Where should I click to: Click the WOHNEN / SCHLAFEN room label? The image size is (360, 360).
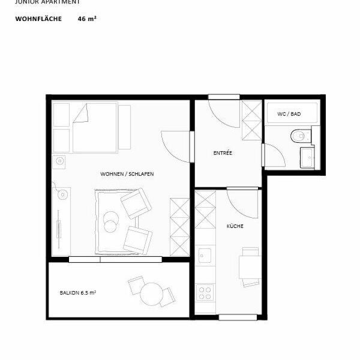[x=127, y=173]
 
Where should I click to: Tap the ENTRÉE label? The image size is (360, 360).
[x=223, y=153]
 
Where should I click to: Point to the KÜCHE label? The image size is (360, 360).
[x=234, y=227]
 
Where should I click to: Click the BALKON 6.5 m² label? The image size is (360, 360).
[x=78, y=293]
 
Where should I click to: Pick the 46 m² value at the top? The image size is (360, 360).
[x=87, y=19]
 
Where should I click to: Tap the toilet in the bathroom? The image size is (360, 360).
[x=297, y=136]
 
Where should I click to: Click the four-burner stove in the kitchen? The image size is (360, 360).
[x=205, y=293]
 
